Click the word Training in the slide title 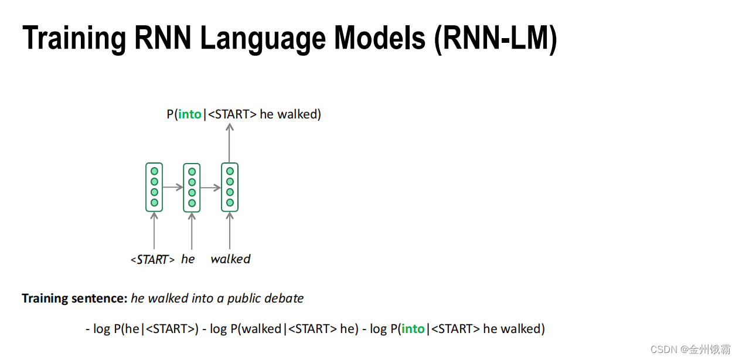pos(73,39)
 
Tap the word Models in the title pos(379,39)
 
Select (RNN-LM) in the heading pos(495,39)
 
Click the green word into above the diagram pos(190,114)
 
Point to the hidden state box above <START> pos(154,187)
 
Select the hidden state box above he pos(192,187)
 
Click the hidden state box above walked pos(230,187)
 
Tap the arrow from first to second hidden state pos(173,188)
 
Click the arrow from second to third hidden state pos(210,188)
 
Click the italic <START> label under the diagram pos(152,259)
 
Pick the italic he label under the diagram pos(188,259)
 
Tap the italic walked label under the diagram pos(230,259)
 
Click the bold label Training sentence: pos(74,298)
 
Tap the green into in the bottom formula pos(413,329)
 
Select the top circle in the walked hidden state pos(230,171)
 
